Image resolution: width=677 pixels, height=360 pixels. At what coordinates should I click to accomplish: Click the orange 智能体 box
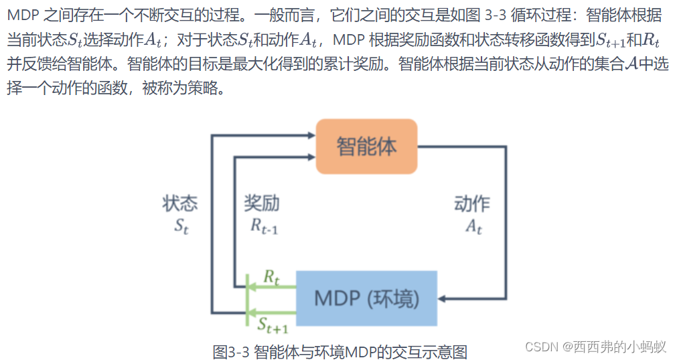366,147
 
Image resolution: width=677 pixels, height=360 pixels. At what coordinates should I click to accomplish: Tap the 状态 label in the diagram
180,203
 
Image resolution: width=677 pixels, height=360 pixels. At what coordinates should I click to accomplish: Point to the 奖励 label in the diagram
261,203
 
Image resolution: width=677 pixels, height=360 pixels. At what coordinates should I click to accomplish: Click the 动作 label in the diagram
471,203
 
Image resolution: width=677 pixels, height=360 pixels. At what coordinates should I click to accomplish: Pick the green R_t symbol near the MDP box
271,276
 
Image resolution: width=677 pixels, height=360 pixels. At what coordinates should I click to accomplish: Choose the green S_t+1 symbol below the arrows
273,325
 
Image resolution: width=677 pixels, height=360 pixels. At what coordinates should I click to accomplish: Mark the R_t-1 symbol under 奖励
264,226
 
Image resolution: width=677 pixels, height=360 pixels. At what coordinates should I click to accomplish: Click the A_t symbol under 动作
473,226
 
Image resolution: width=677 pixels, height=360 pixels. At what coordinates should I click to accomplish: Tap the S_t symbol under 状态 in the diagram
181,226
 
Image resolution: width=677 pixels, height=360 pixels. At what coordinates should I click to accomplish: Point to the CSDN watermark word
542,346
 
